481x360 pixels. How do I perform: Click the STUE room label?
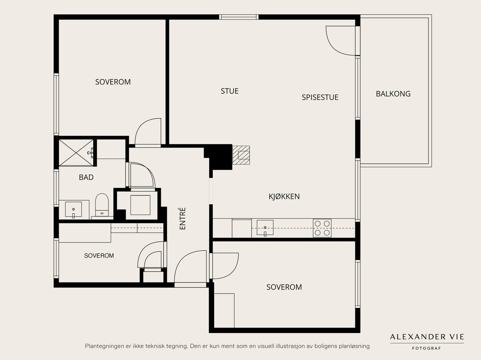[x=229, y=91]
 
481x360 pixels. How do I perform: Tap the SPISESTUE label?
[x=320, y=97]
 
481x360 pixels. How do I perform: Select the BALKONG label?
[x=393, y=94]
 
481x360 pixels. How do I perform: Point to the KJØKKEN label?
[x=284, y=197]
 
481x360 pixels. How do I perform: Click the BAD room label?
[x=86, y=177]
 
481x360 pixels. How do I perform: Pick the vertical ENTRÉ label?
[x=182, y=218]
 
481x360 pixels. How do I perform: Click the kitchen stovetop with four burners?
[x=322, y=228]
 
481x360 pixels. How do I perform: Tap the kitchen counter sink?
[x=265, y=228]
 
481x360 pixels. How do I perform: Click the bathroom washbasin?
[x=73, y=210]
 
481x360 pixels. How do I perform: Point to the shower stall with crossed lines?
[x=76, y=152]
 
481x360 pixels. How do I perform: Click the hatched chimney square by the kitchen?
[x=241, y=155]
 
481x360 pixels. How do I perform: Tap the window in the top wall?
[x=239, y=17]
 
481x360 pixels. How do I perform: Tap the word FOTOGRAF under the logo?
[x=427, y=348]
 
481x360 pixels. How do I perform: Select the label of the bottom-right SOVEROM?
[x=284, y=287]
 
